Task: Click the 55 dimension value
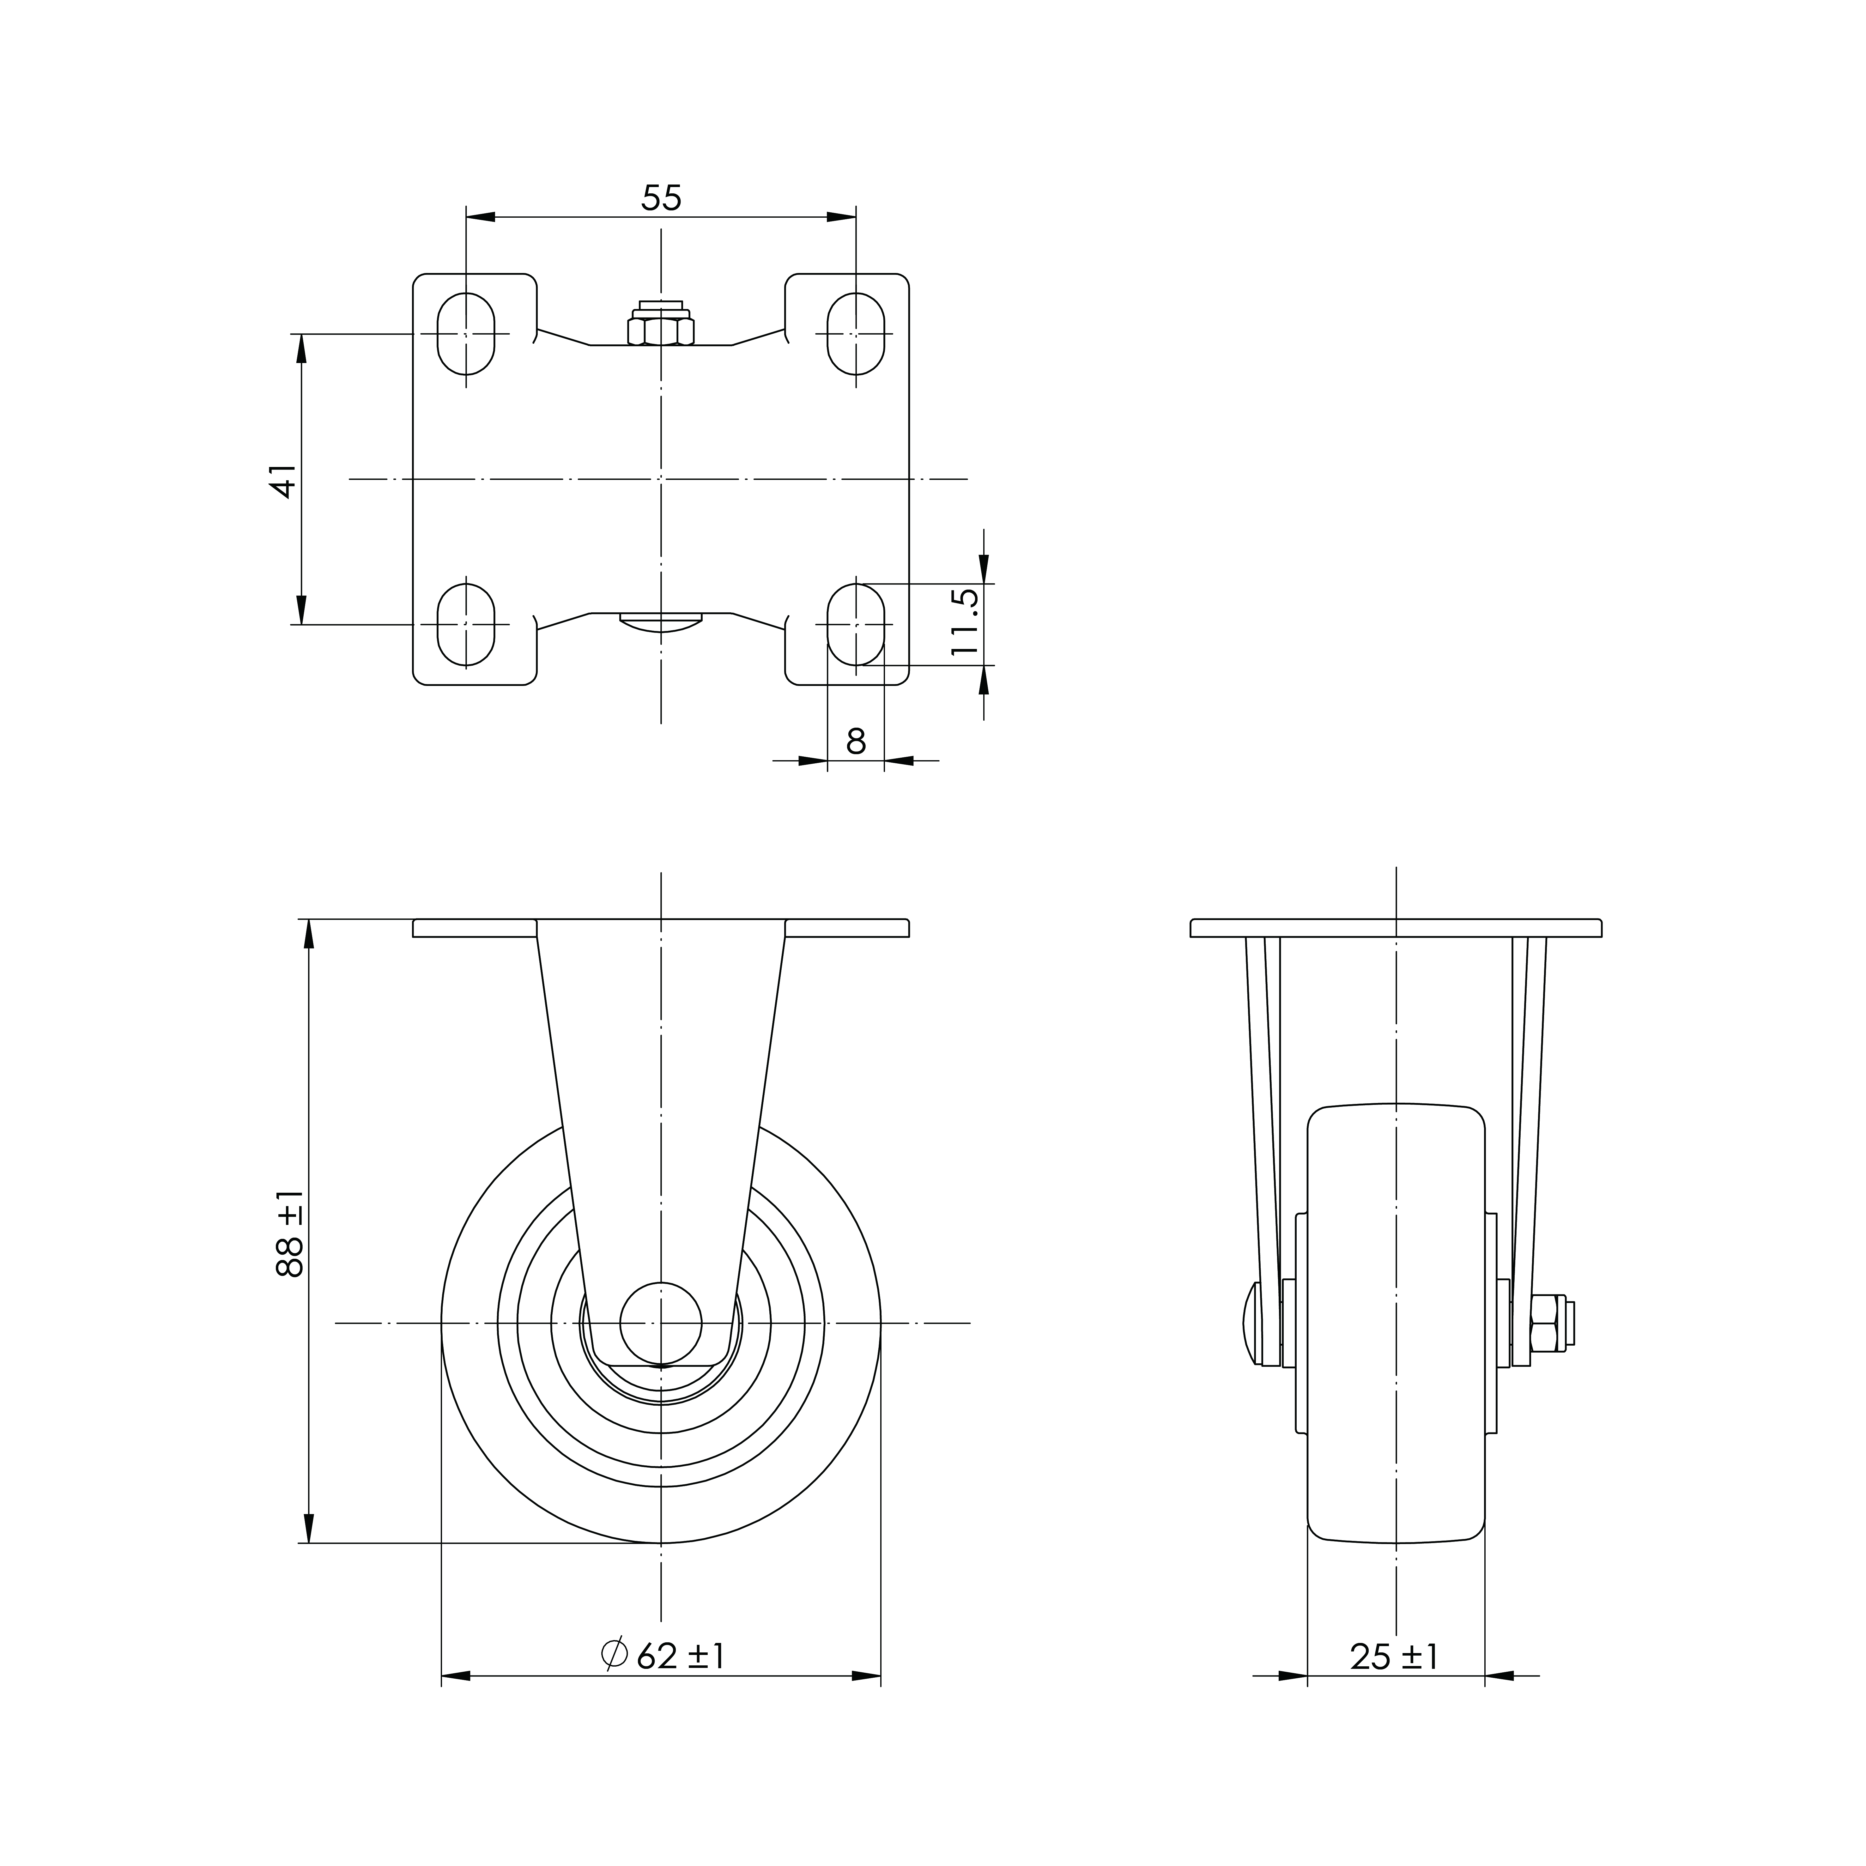[x=662, y=198]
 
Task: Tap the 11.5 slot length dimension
[x=965, y=623]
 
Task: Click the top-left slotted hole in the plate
[x=466, y=333]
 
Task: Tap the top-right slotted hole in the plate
[x=856, y=333]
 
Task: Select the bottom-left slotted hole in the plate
[x=466, y=624]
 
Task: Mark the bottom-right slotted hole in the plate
[x=856, y=624]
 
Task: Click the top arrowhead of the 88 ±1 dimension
[x=309, y=933]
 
